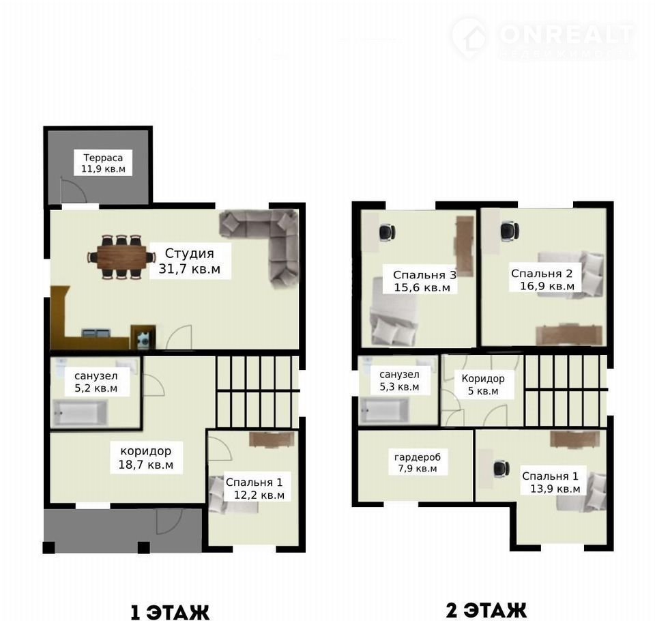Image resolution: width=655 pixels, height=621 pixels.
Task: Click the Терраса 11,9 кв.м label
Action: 103,163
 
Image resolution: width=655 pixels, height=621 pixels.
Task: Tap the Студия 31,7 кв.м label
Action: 190,261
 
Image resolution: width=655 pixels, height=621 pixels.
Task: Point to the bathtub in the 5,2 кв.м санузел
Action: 80,412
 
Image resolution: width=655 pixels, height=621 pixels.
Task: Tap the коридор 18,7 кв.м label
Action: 146,458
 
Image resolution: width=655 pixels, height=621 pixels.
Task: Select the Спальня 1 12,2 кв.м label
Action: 254,488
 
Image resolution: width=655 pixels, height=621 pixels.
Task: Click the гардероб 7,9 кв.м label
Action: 418,462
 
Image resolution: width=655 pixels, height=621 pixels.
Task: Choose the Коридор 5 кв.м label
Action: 483,384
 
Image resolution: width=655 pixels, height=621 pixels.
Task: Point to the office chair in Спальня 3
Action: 388,232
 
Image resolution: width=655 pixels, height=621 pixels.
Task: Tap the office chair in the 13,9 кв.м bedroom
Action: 501,468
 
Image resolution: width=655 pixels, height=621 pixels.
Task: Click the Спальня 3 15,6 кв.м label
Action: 423,281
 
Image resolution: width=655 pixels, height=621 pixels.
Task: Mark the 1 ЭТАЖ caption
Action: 170,613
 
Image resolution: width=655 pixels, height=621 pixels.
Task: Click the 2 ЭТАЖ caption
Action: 486,610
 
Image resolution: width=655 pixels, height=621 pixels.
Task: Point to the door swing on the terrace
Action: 74,190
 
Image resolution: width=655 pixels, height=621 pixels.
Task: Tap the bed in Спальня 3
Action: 394,312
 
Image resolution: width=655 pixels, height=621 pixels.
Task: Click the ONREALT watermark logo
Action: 543,38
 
